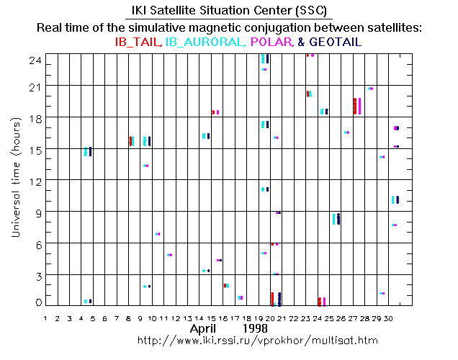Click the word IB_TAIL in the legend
click(139, 42)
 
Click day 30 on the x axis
click(387, 317)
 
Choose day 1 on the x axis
click(45, 317)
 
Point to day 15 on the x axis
click(210, 317)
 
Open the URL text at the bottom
click(257, 339)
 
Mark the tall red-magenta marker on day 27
click(356, 106)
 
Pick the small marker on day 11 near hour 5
click(169, 255)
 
